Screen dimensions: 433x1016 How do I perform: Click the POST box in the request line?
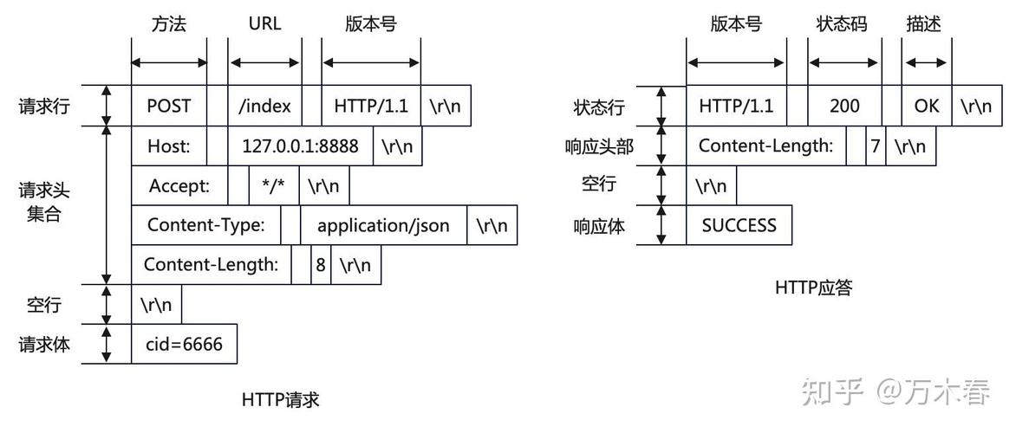point(168,107)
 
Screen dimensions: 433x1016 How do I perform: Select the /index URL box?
point(264,107)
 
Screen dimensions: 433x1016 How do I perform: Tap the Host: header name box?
point(168,146)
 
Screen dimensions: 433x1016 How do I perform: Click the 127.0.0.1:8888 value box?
point(300,146)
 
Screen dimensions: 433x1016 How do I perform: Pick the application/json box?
point(383,226)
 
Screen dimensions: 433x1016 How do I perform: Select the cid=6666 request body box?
point(184,345)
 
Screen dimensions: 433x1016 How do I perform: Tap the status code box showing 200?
point(843,107)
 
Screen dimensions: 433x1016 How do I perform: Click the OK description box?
point(926,107)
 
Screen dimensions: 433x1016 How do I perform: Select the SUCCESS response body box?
point(739,226)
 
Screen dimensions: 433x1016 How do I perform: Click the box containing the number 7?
point(876,146)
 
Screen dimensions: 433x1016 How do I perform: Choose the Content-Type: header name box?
point(205,226)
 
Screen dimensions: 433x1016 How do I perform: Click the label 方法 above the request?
point(169,24)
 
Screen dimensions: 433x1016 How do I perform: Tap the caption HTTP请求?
point(281,400)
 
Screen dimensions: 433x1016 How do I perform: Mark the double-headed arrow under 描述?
point(925,62)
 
